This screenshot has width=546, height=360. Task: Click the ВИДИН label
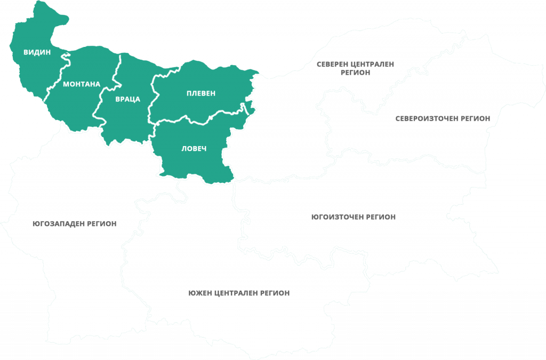(37, 52)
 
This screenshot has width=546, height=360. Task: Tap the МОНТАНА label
(81, 84)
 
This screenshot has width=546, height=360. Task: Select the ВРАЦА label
(127, 99)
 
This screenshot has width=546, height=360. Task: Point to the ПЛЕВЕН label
(201, 93)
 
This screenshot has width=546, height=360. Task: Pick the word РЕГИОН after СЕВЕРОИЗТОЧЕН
(473, 118)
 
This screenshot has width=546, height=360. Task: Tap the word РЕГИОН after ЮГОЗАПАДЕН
(100, 223)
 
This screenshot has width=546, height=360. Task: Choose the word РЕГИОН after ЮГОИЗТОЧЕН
(380, 217)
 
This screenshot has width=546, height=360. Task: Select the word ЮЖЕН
(200, 293)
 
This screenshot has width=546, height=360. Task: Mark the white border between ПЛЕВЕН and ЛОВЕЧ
(203, 120)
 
